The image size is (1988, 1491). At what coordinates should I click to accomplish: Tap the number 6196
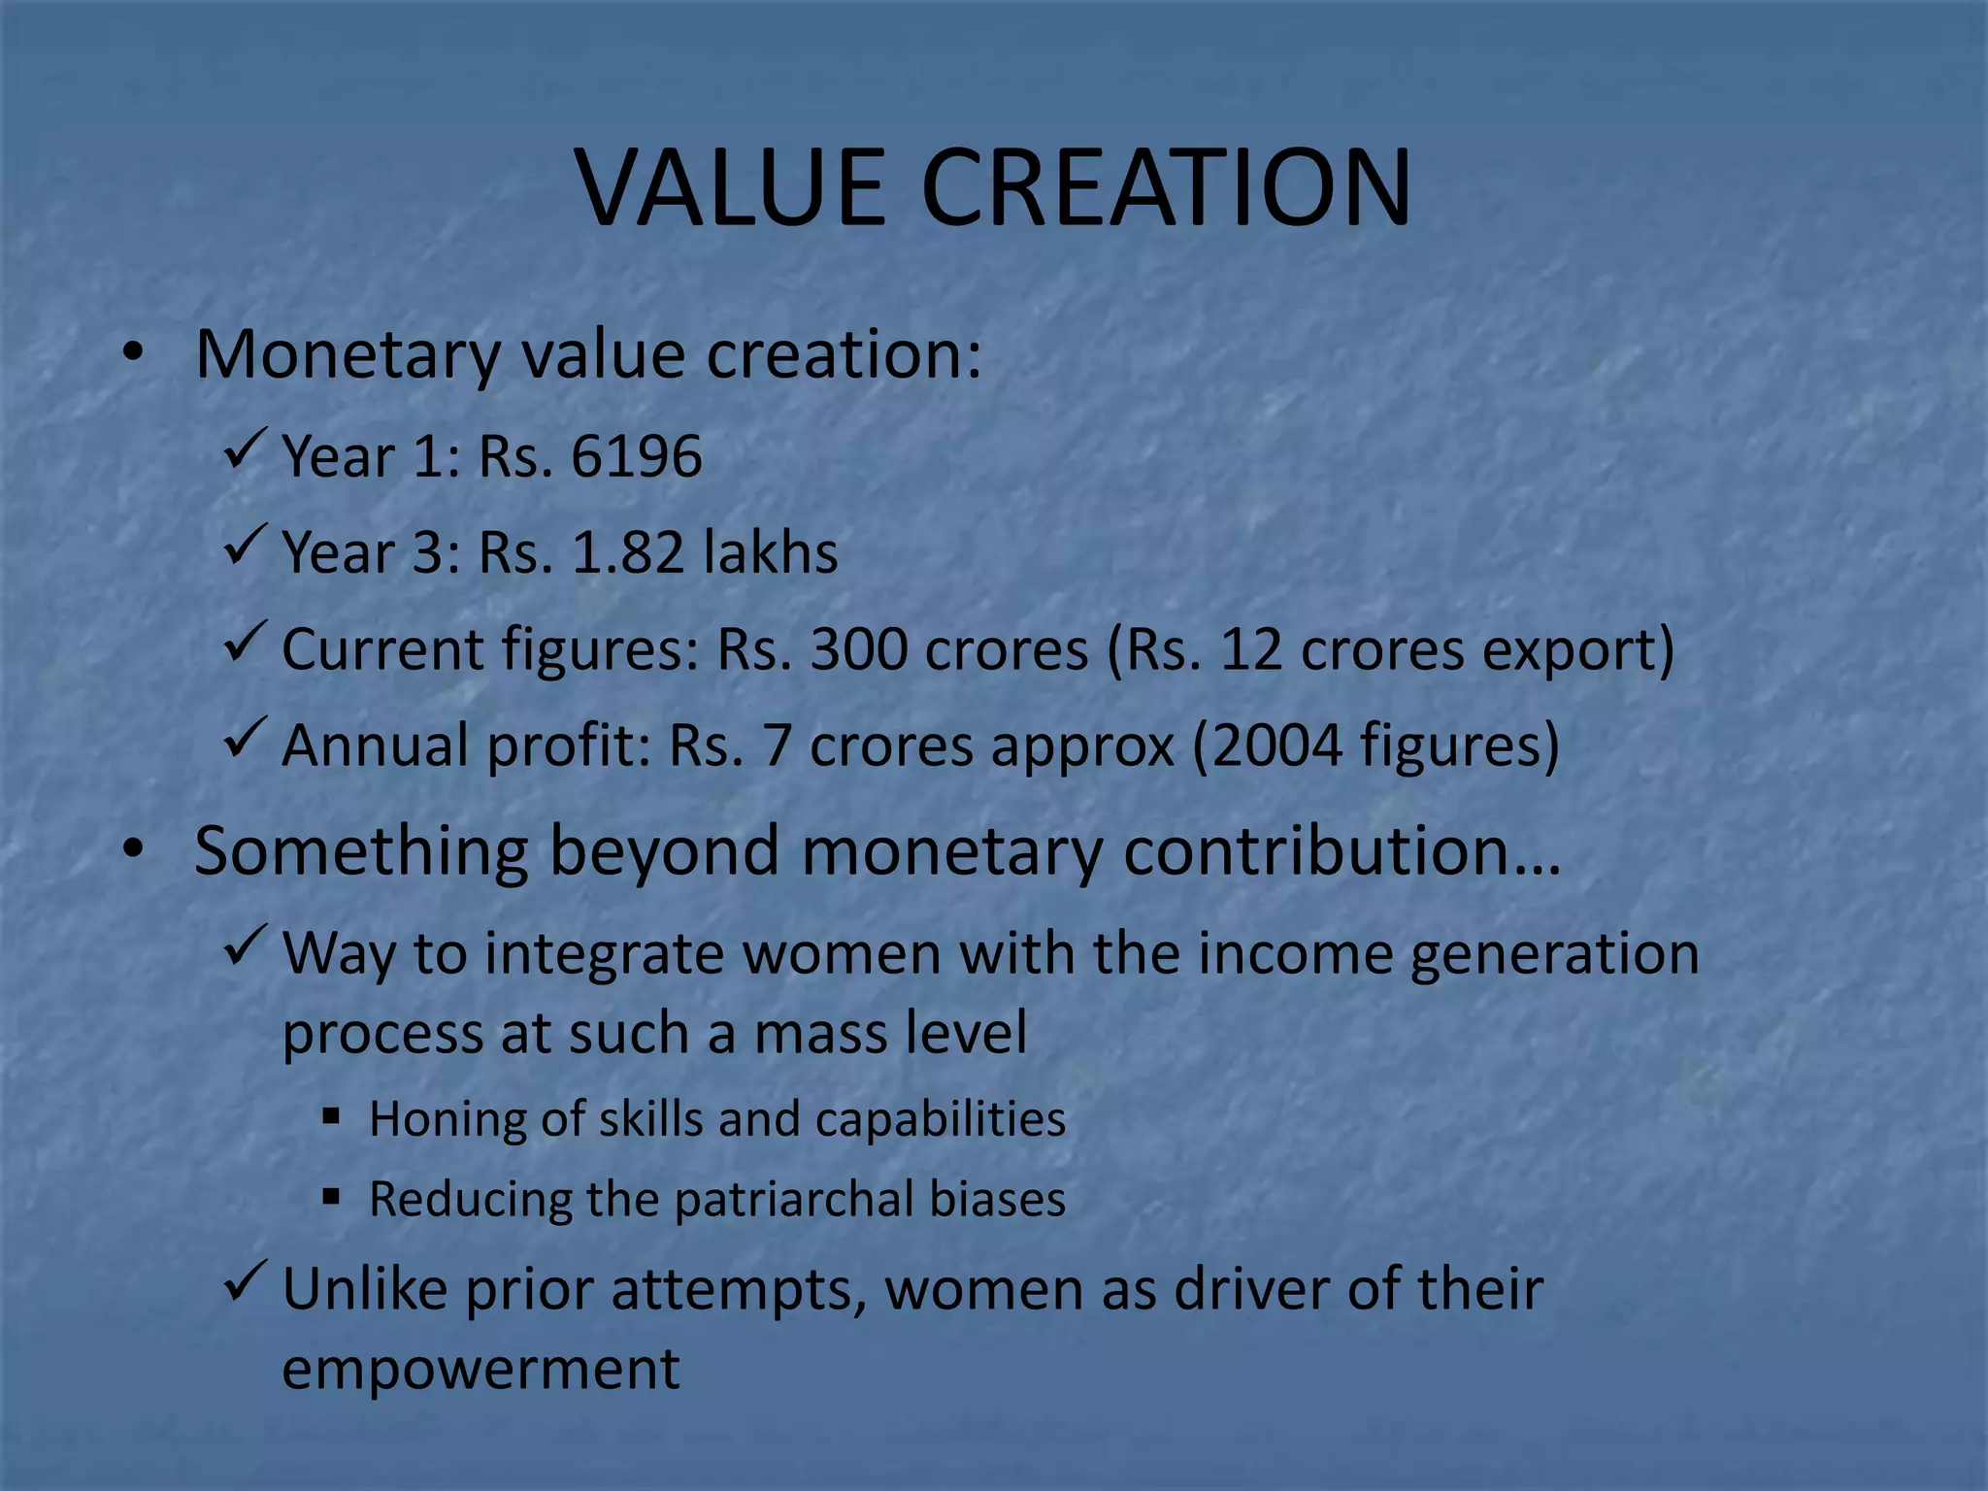coord(636,456)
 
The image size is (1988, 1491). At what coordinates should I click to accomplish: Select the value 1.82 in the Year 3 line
coord(627,552)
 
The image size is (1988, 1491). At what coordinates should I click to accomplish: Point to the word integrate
coord(604,953)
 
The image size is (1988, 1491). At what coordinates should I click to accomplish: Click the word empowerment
coord(480,1369)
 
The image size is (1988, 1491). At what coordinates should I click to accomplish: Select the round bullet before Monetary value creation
coord(133,353)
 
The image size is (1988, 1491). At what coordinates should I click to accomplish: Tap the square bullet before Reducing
coord(332,1197)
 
